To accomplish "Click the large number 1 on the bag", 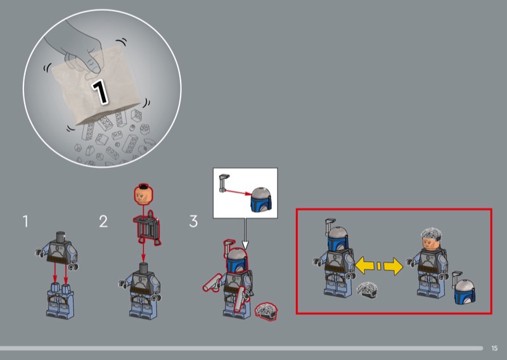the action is [99, 91].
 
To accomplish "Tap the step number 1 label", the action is [25, 222].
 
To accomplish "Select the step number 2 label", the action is [103, 222].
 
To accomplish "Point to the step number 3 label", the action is [193, 222].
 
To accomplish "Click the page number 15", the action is [494, 348].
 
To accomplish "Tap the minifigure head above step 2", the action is [144, 195].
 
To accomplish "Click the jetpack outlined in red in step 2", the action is [147, 228].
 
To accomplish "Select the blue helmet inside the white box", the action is [261, 200].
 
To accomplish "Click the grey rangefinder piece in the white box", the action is [224, 183].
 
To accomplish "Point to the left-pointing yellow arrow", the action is [365, 266].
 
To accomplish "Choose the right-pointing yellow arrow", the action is [393, 266].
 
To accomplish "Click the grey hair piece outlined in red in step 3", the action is [266, 311].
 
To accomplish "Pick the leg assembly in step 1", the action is [60, 300].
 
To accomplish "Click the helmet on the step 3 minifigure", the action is [237, 260].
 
